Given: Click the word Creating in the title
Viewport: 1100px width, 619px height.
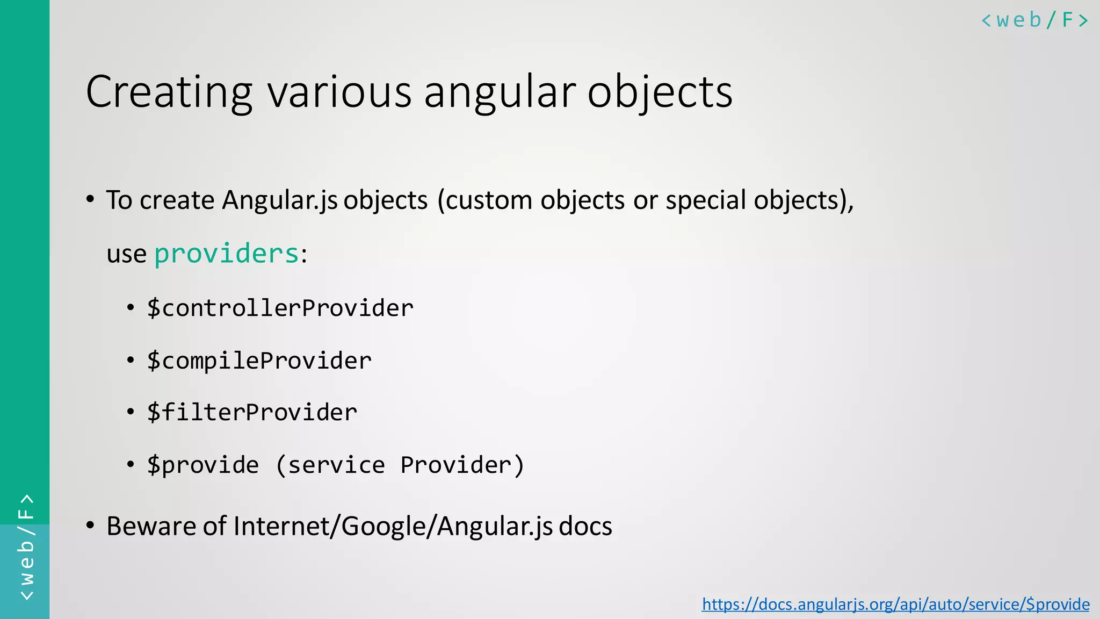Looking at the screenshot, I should click(169, 92).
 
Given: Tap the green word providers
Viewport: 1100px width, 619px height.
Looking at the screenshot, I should click(226, 254).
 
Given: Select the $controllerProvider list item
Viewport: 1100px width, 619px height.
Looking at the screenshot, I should click(280, 308).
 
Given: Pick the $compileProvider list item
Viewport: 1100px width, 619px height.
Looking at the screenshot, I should click(259, 361).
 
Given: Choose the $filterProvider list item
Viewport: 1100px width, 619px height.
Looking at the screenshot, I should click(252, 413).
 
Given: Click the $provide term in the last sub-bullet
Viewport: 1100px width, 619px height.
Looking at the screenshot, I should click(202, 465).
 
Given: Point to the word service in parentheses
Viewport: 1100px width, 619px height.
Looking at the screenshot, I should click(336, 465).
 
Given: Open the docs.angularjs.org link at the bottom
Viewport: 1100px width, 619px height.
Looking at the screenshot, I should click(895, 604).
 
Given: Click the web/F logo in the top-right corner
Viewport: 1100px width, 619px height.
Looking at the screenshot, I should click(1034, 20).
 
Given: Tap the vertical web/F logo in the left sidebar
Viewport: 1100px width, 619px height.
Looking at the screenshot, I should click(26, 547).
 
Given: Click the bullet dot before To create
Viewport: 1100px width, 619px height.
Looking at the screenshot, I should click(90, 200).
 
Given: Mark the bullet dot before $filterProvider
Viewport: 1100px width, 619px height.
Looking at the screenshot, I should click(131, 413).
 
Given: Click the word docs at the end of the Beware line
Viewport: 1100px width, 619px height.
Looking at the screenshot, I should click(585, 526).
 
